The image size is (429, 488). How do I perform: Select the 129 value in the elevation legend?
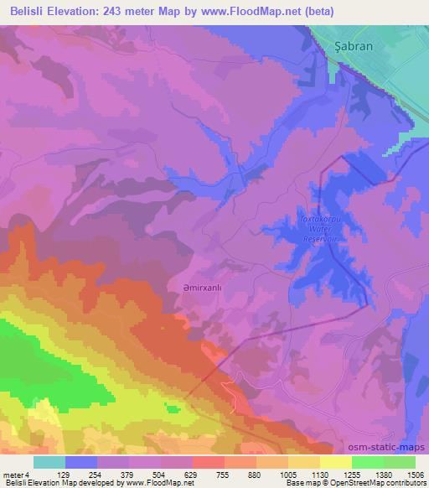81,474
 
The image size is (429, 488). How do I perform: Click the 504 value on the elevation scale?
175,474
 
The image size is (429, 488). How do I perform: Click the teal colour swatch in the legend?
49,462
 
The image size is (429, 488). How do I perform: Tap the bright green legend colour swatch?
368,462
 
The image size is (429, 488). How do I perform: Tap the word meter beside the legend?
14,474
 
